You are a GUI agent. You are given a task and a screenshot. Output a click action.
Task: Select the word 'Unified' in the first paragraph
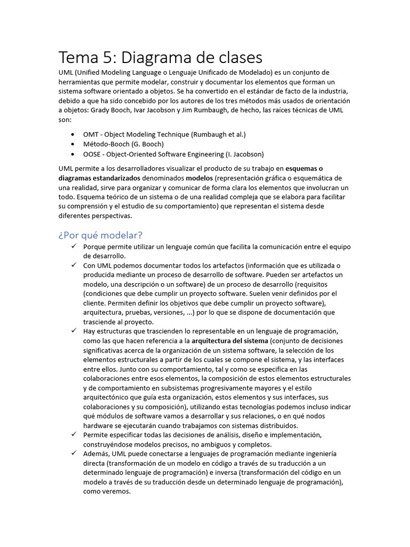click(91, 72)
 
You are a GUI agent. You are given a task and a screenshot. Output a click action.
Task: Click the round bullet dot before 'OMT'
click(73, 135)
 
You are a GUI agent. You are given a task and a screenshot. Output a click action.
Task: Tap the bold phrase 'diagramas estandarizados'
click(99, 178)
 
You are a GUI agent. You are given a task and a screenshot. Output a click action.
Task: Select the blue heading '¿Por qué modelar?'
click(100, 235)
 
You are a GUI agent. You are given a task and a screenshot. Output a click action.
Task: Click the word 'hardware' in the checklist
click(98, 425)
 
